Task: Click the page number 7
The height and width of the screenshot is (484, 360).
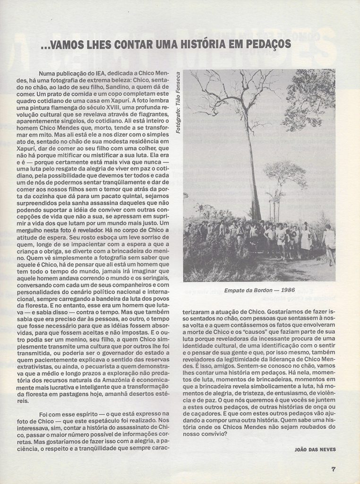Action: [334, 469]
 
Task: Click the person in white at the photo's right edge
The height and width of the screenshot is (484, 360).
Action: [329, 241]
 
